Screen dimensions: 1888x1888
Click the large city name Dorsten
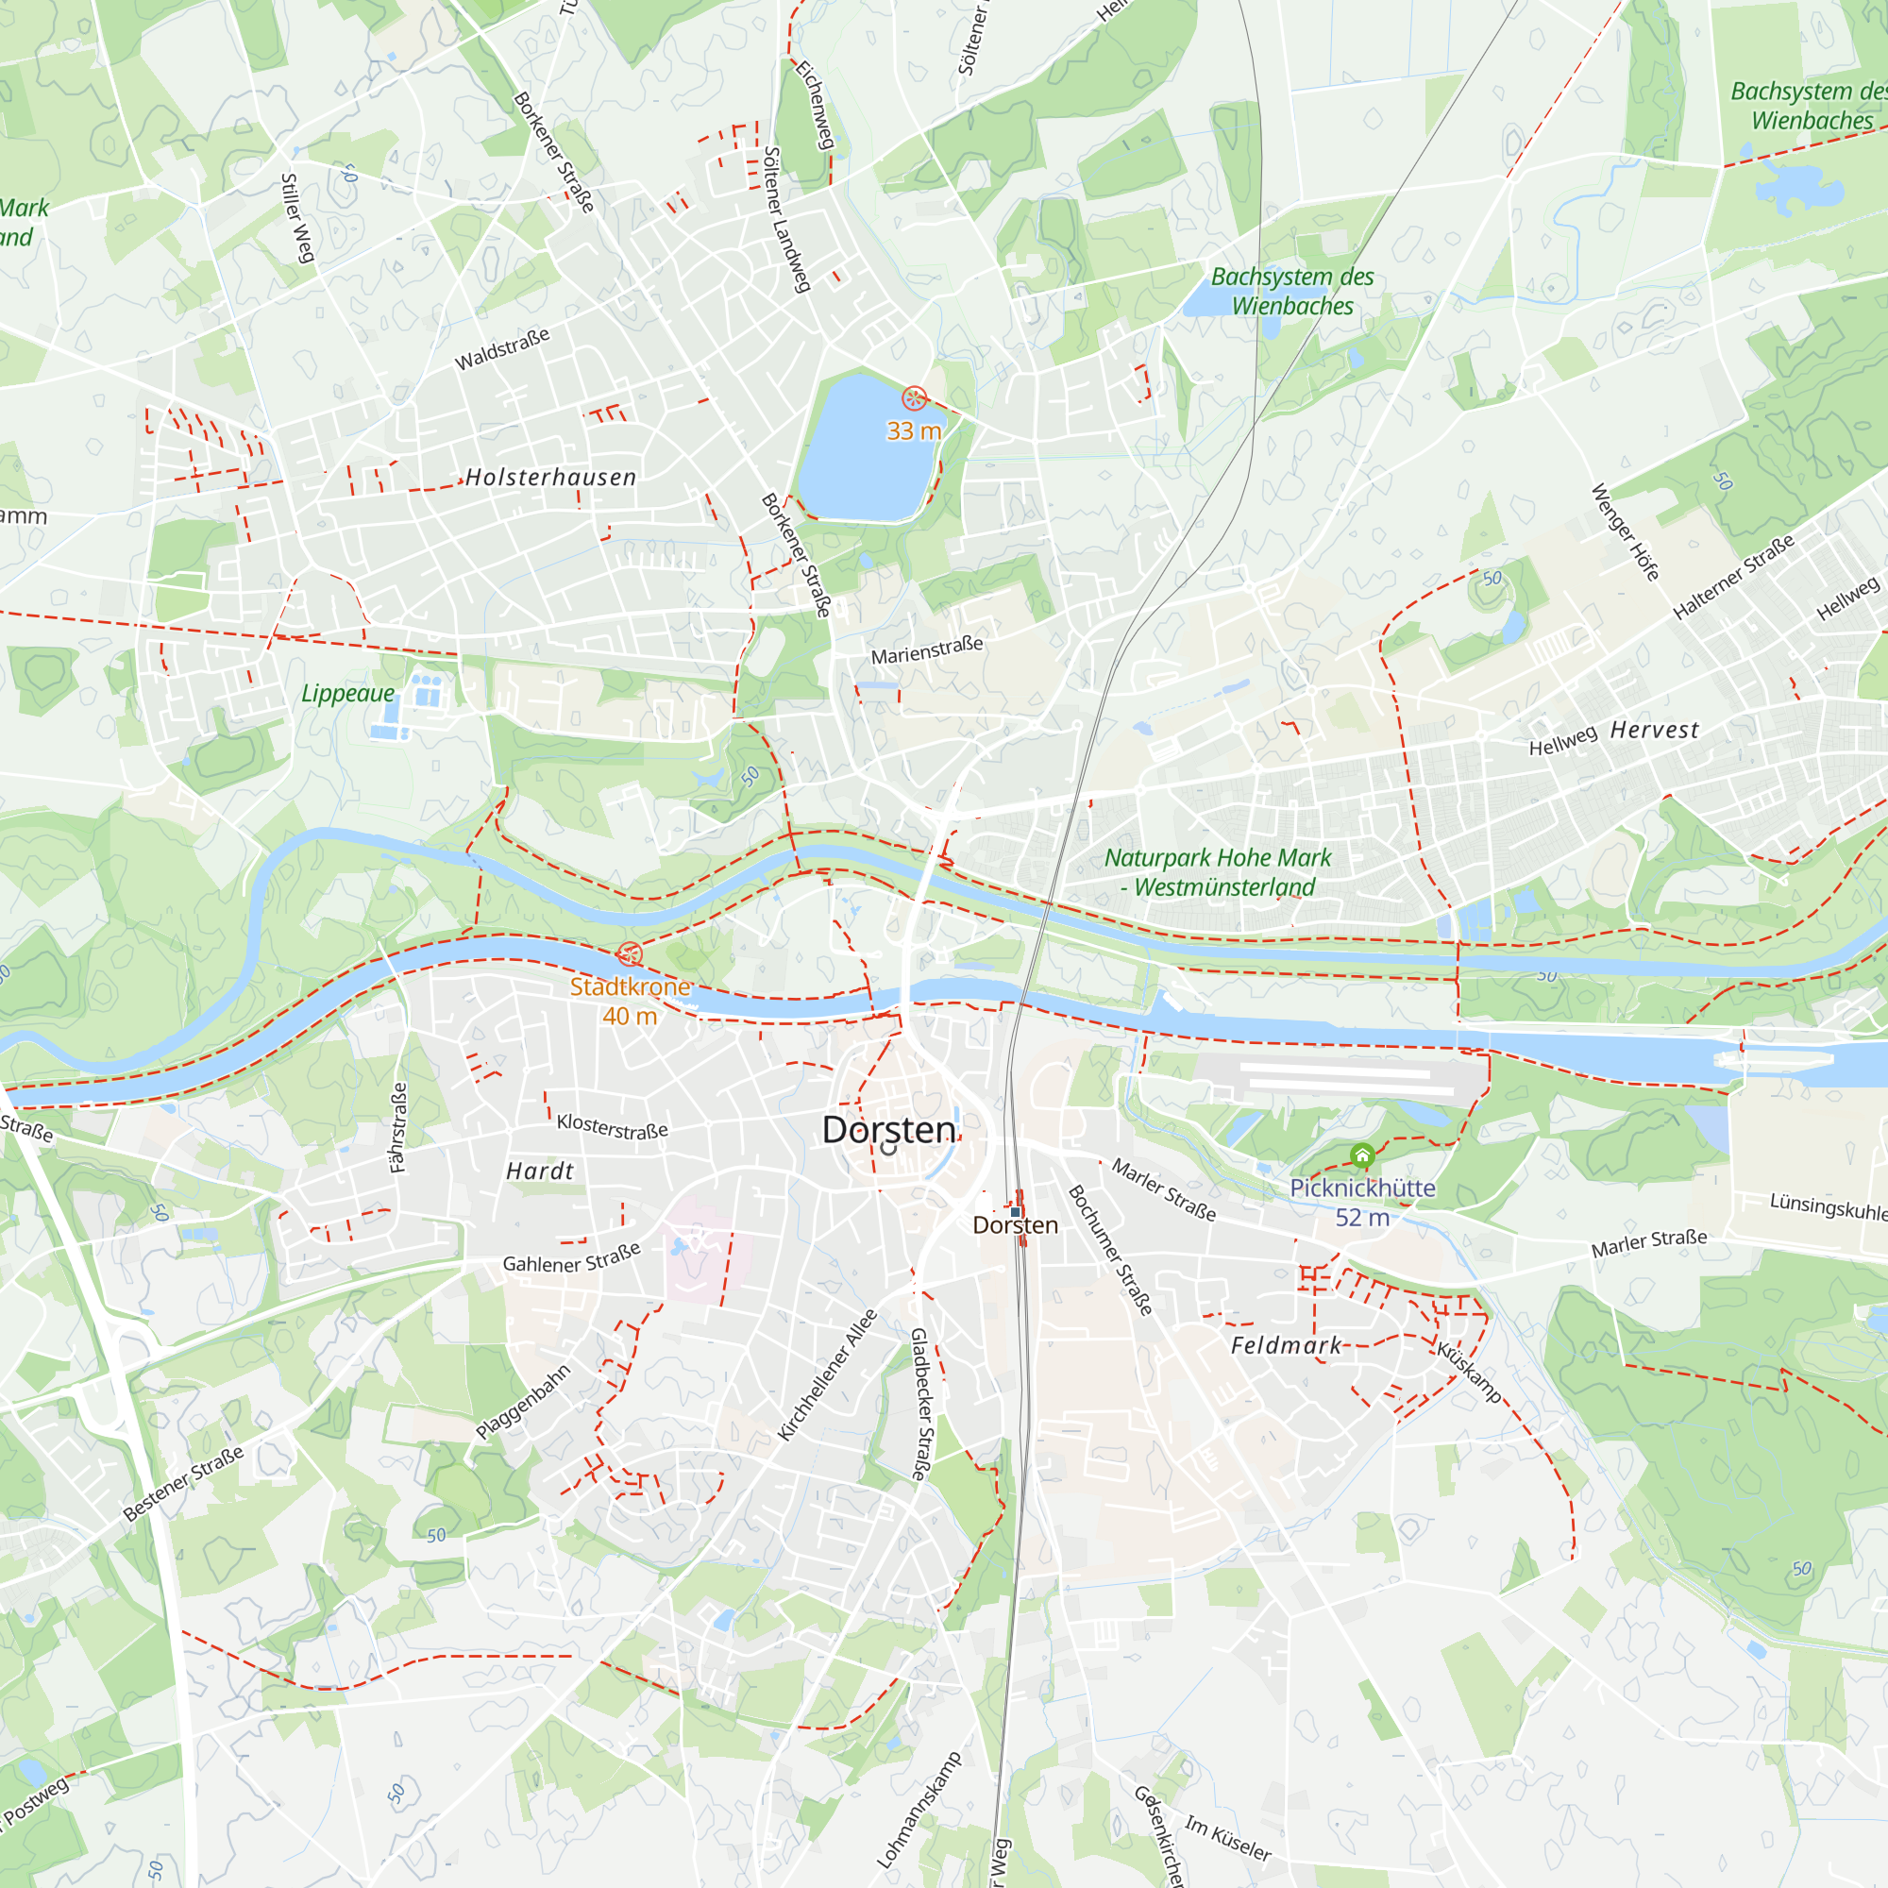click(x=889, y=1130)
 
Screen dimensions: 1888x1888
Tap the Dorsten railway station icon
click(x=1016, y=1212)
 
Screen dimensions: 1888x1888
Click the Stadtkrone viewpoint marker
click(x=631, y=953)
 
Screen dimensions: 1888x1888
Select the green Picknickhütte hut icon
click(x=1362, y=1156)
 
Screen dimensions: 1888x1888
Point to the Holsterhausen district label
click(x=551, y=477)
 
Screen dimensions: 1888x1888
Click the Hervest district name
click(x=1655, y=730)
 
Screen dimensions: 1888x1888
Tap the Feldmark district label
click(x=1286, y=1345)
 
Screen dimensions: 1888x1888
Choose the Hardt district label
click(x=539, y=1171)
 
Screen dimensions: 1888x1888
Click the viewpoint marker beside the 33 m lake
click(x=914, y=397)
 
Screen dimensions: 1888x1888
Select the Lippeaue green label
click(x=348, y=693)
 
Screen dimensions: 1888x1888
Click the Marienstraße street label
click(x=926, y=649)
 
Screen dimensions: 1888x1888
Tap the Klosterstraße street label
click(x=612, y=1126)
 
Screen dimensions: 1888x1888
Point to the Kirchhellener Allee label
click(x=827, y=1375)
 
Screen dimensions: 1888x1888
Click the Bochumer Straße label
click(x=1110, y=1250)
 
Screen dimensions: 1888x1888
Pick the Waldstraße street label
click(x=502, y=349)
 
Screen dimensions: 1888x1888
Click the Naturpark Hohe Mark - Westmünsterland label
click(x=1218, y=871)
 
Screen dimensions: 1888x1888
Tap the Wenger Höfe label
click(x=1626, y=532)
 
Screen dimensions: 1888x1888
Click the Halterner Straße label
click(x=1733, y=577)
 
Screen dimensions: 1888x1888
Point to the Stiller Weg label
click(x=297, y=218)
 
